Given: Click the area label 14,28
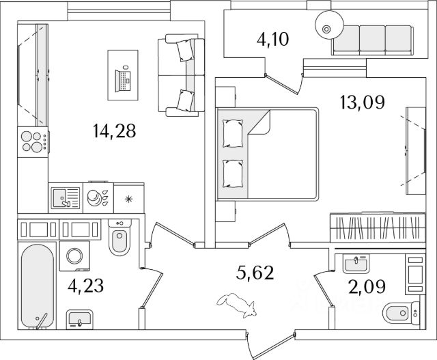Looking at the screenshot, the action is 114,130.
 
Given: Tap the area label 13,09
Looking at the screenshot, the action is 362,102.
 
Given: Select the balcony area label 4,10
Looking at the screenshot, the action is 272,39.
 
